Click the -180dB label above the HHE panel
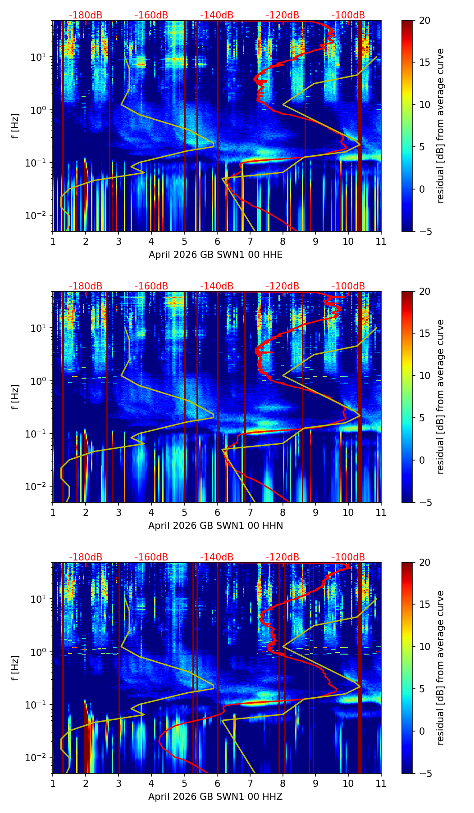coord(86,15)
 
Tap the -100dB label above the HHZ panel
coord(348,557)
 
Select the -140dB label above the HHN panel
coord(217,286)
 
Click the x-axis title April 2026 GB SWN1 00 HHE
coord(215,255)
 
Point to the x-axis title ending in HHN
coord(215,526)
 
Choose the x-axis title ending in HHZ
coord(215,797)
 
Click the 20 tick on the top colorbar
coord(424,21)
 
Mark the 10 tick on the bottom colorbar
coord(424,646)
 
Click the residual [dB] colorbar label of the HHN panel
coord(441,397)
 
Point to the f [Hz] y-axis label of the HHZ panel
coord(15,668)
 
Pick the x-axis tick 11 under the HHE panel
coord(381,241)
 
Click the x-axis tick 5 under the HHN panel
coord(184,512)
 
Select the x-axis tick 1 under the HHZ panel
coord(53,783)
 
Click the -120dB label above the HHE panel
coord(283,15)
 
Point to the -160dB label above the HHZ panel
coord(151,557)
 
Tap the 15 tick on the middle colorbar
coord(424,334)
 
